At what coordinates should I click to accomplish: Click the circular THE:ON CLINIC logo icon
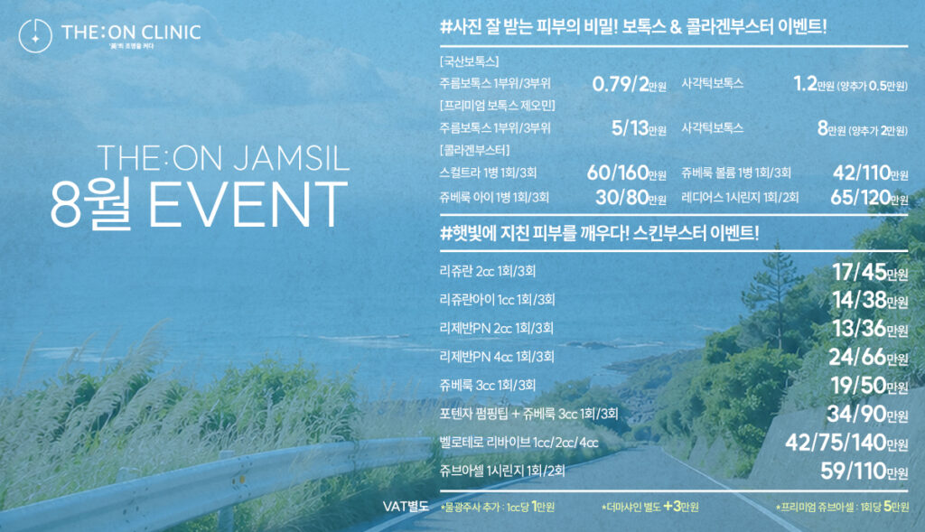pos(35,35)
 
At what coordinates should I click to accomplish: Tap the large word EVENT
pos(248,204)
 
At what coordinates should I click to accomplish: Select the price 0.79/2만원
pos(630,84)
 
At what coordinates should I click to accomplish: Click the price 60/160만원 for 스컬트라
pos(627,173)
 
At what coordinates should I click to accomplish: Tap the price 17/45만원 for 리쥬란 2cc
pos(870,272)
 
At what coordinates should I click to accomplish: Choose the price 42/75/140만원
pos(846,443)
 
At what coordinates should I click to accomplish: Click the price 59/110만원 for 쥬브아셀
pos(864,471)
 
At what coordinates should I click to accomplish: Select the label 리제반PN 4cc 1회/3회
pos(497,357)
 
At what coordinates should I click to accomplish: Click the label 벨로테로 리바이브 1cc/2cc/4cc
pos(519,443)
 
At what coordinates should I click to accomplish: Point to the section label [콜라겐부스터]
pos(475,151)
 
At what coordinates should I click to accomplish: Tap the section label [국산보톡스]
pos(470,61)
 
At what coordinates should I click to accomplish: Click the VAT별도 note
pos(406,507)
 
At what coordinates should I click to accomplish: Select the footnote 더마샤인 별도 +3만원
pos(650,507)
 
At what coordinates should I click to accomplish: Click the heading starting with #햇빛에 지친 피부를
pos(600,234)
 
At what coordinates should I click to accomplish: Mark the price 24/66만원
pos(868,357)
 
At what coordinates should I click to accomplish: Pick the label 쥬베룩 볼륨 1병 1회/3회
pos(736,173)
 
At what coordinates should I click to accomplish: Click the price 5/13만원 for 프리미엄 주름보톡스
pos(639,128)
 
